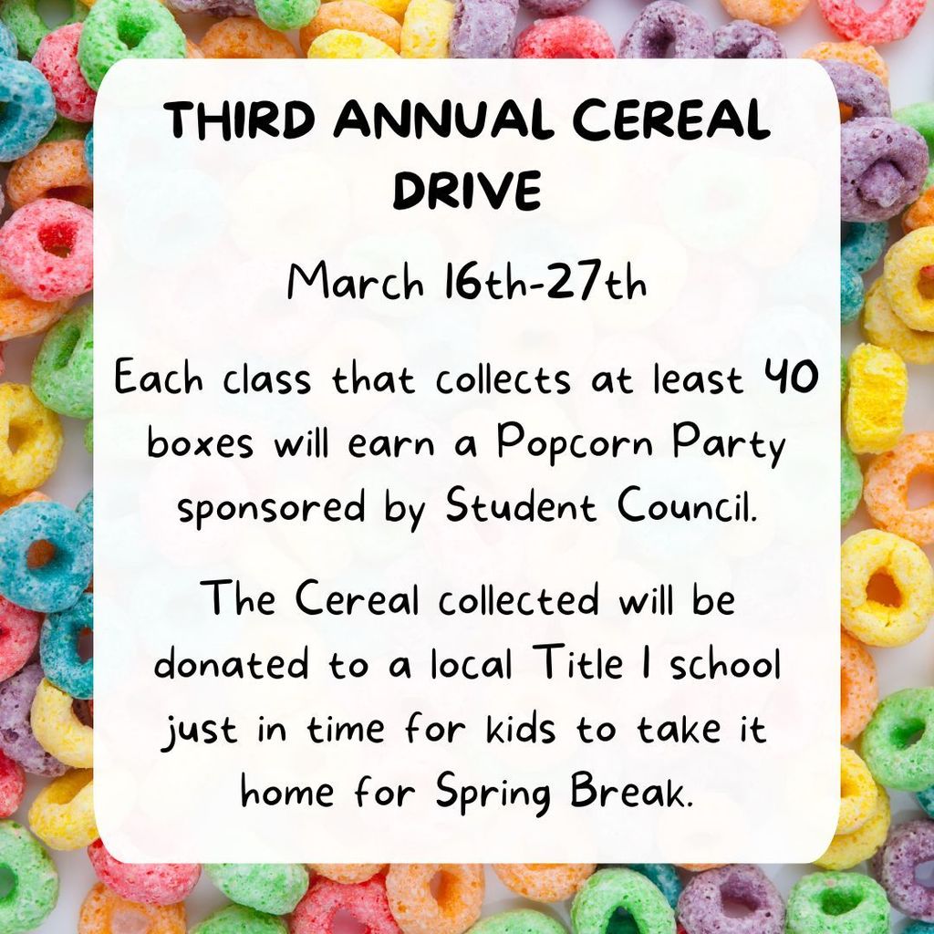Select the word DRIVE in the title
[466, 191]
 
